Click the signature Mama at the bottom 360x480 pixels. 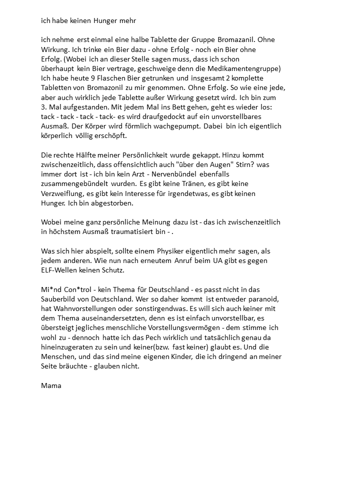[51, 385]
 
